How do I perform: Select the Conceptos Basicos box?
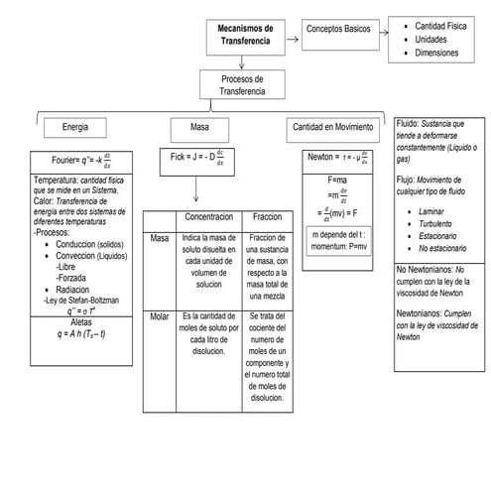pyautogui.click(x=337, y=31)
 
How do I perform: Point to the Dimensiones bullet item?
pyautogui.click(x=437, y=52)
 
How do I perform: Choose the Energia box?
pyautogui.click(x=75, y=127)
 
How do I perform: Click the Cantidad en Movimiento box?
pyautogui.click(x=332, y=127)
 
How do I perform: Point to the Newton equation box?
pyautogui.click(x=337, y=156)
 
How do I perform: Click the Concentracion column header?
pyautogui.click(x=208, y=216)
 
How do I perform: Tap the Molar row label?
pyautogui.click(x=159, y=315)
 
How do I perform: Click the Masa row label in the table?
pyautogui.click(x=159, y=238)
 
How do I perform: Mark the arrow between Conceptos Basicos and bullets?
pyautogui.click(x=381, y=31)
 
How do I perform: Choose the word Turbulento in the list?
pyautogui.click(x=439, y=225)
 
